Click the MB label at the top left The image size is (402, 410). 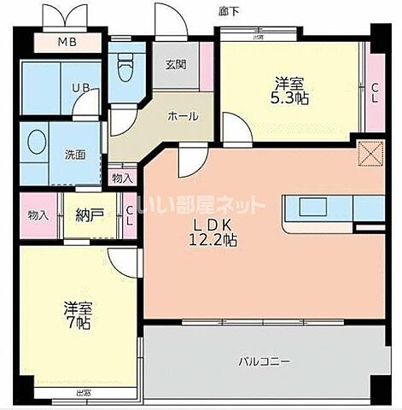[x=66, y=43]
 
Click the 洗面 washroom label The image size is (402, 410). [x=75, y=155]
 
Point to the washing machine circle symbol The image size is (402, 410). [x=37, y=143]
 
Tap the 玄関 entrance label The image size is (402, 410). [x=176, y=65]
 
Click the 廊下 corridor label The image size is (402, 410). [x=228, y=10]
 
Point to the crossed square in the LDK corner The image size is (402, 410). [x=371, y=154]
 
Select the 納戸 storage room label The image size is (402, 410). [x=84, y=215]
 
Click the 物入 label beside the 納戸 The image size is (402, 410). [x=37, y=215]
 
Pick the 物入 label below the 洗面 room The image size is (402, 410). [x=122, y=179]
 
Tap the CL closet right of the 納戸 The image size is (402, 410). [x=129, y=215]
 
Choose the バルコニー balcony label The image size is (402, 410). [x=263, y=360]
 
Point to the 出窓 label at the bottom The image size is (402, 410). [x=82, y=394]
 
